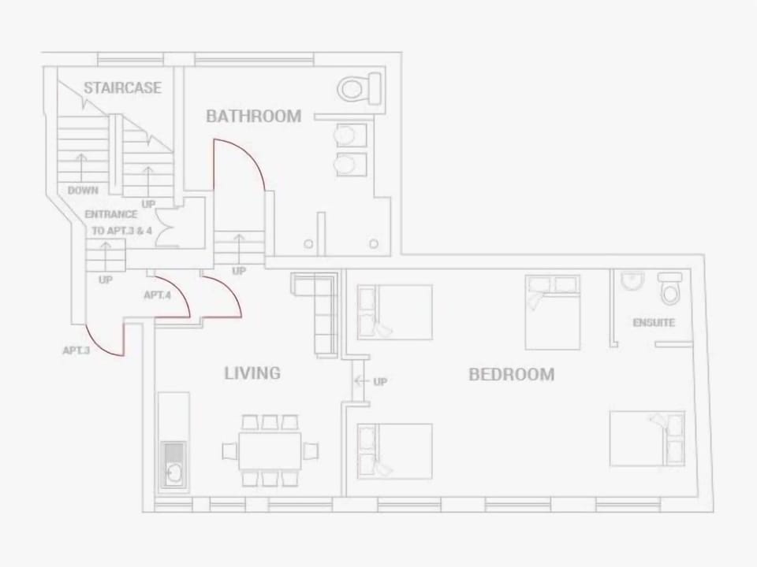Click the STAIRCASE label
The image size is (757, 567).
[x=122, y=87]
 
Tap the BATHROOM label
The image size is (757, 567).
[x=253, y=117]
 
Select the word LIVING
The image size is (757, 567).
[x=252, y=373]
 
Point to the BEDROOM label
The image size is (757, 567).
[x=511, y=375]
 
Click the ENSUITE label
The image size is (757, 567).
[x=654, y=323]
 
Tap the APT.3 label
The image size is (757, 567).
[x=76, y=350]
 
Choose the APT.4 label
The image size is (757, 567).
[x=158, y=295]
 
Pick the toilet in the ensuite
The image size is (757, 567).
[x=670, y=290]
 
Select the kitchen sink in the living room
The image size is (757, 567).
[x=173, y=473]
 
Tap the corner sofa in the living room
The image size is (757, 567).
[x=319, y=307]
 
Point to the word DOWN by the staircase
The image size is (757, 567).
[x=83, y=191]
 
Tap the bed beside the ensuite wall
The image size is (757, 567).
[x=552, y=312]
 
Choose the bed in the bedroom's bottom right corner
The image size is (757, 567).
[x=647, y=438]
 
